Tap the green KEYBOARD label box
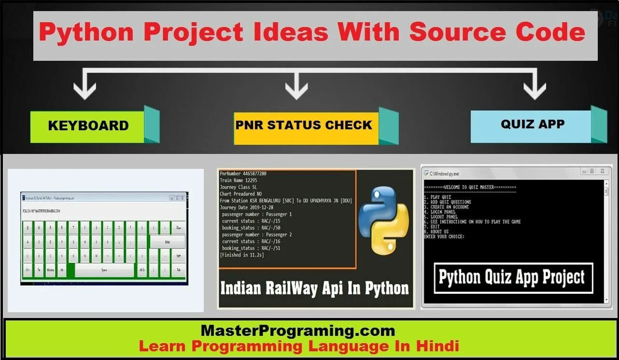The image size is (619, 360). pos(87,126)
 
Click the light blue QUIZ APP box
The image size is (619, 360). pos(532,125)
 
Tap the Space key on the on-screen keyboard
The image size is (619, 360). pos(104,270)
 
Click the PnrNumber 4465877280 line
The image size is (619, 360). pos(243,174)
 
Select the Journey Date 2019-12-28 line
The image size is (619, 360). pos(250,208)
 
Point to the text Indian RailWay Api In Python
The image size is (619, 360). pos(314,288)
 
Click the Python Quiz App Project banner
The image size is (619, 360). pos(513,278)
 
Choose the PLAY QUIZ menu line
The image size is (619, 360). pos(437,197)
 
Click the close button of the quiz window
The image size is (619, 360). pos(603,171)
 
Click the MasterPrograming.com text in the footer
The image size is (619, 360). pos(297,331)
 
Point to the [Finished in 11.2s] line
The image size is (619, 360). pos(242,255)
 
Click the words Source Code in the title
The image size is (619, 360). pos(497,32)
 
